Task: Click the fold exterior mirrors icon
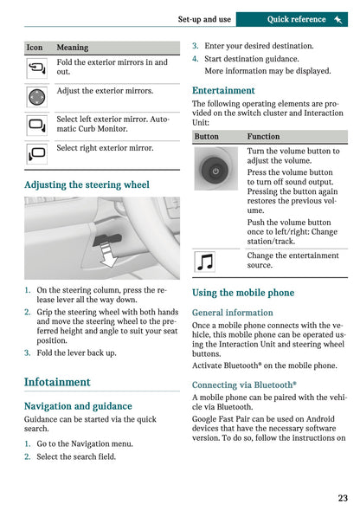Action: (37, 68)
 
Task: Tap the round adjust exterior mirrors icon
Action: (37, 97)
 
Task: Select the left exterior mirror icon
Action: (37, 126)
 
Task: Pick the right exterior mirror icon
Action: (37, 154)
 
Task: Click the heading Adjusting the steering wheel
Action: (87, 184)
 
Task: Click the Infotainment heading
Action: (57, 382)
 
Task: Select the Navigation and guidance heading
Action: (78, 405)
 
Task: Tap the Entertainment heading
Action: (223, 90)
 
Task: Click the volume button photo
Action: (215, 171)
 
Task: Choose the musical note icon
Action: (206, 261)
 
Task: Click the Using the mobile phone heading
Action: (243, 293)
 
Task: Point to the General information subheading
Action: (232, 313)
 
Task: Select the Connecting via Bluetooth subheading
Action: (244, 385)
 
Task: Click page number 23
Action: (343, 498)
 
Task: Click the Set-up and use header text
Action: (204, 19)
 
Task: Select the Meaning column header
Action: (72, 48)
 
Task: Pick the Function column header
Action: (263, 137)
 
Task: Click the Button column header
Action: (207, 137)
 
